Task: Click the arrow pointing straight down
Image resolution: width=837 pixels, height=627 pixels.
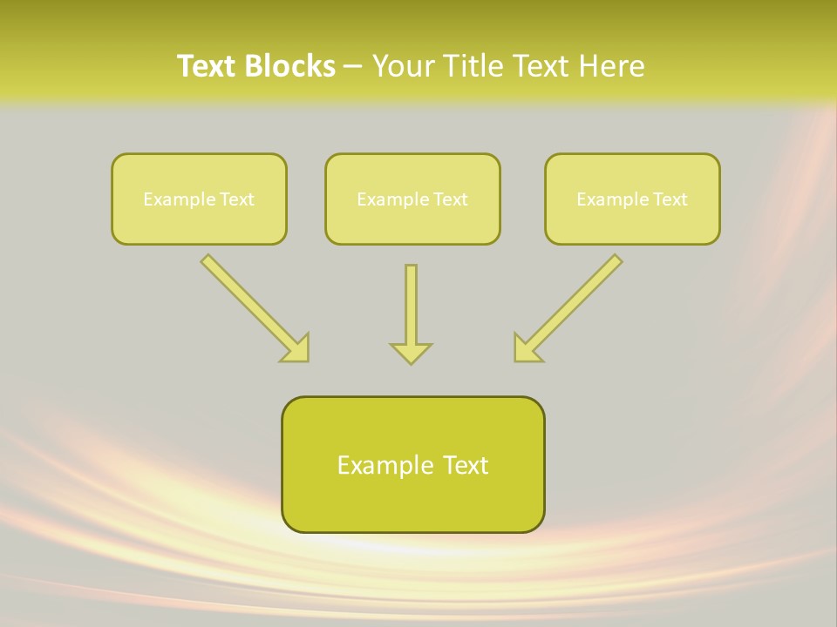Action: (x=411, y=305)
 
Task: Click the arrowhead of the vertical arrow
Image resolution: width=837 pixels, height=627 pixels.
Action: (x=411, y=353)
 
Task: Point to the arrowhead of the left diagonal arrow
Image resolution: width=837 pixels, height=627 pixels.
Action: (x=296, y=348)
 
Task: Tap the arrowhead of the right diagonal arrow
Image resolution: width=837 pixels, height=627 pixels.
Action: (x=527, y=348)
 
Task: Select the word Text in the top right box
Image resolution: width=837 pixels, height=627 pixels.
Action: (x=670, y=199)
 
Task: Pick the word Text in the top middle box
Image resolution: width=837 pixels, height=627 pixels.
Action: (x=450, y=199)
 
